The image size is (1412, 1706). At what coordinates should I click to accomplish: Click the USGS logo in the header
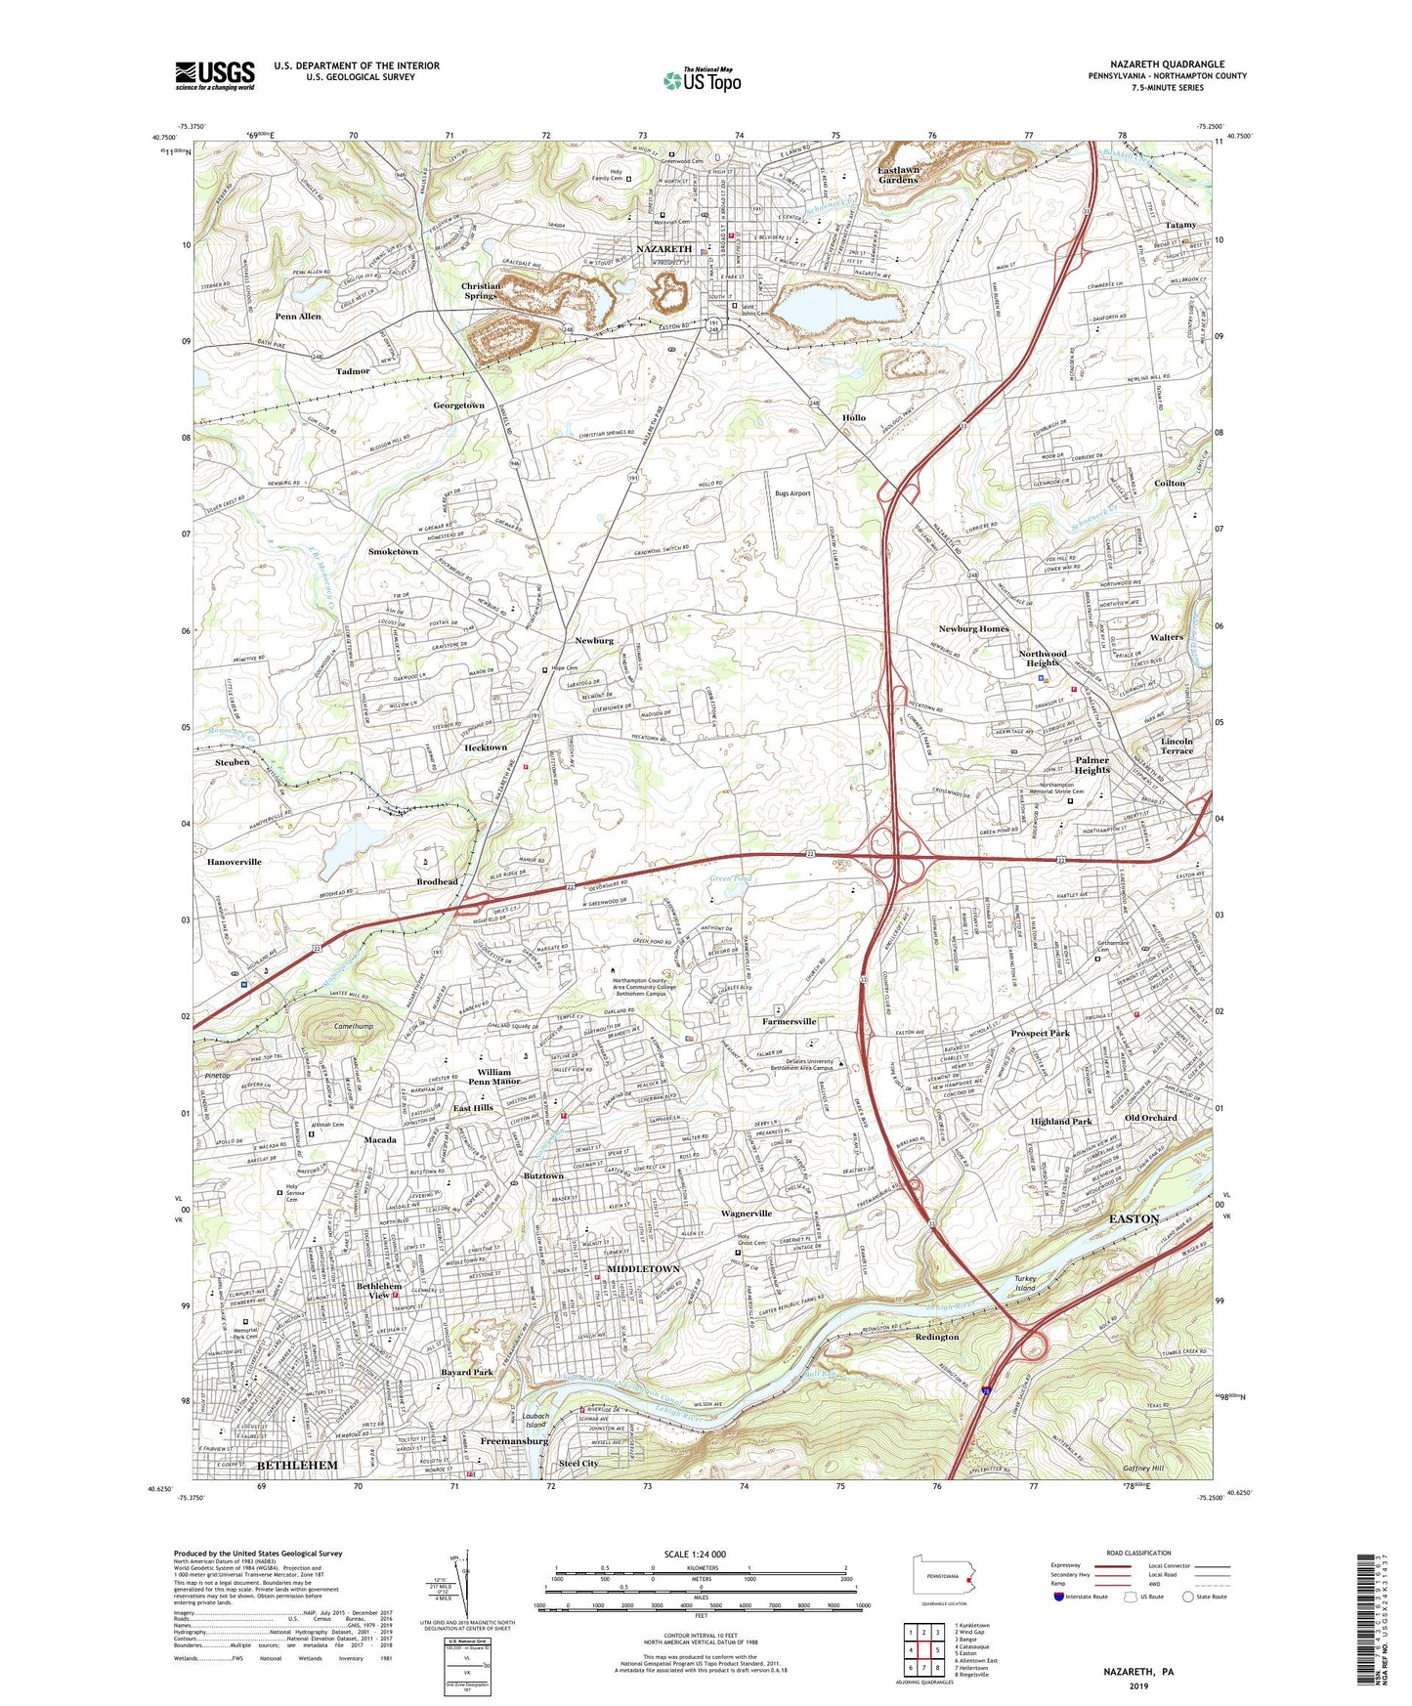[215, 74]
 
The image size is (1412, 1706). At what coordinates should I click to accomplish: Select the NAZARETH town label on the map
[663, 248]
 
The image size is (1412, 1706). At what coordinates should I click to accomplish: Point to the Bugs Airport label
[792, 493]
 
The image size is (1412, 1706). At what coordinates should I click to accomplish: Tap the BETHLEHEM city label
[297, 1466]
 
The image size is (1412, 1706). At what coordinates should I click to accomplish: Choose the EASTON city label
[1134, 1218]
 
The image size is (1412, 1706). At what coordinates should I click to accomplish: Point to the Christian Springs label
[481, 290]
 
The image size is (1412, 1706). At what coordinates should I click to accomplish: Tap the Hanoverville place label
[235, 862]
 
